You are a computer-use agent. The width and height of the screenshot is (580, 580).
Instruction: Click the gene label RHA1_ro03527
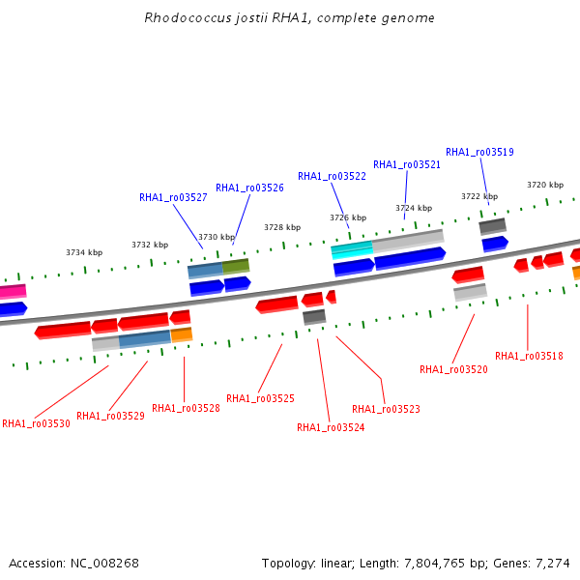(x=173, y=197)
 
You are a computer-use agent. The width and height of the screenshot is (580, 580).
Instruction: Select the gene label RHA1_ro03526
(x=249, y=188)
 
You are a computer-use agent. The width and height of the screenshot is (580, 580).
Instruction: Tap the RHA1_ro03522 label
(x=332, y=177)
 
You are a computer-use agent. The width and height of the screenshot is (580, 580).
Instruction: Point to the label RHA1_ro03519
(x=479, y=152)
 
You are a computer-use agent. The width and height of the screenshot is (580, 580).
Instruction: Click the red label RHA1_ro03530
(x=36, y=423)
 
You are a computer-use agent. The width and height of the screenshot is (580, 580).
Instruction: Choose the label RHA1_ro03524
(x=331, y=427)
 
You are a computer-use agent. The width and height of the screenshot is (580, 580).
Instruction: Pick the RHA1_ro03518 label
(x=529, y=356)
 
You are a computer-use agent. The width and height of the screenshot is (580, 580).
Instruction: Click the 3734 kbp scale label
(x=84, y=252)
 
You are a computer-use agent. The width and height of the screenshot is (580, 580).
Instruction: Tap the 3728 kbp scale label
(x=282, y=227)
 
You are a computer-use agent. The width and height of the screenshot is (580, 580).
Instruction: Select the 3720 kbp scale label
(x=545, y=185)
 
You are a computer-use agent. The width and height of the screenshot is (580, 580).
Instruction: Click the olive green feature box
(x=236, y=267)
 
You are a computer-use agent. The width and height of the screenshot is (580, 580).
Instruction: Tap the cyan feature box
(x=352, y=249)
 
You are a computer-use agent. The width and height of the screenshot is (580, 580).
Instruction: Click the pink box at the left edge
(x=13, y=292)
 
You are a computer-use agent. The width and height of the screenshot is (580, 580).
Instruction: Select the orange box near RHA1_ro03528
(x=182, y=334)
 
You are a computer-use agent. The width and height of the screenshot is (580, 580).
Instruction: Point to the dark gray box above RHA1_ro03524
(x=314, y=317)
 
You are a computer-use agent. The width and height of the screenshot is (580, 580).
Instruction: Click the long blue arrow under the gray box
(x=410, y=258)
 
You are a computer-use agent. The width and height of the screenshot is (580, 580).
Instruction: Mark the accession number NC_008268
(x=104, y=564)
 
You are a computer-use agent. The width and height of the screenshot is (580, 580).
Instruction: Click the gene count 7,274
(x=553, y=564)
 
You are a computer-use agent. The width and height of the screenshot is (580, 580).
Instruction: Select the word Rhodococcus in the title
(x=188, y=17)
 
